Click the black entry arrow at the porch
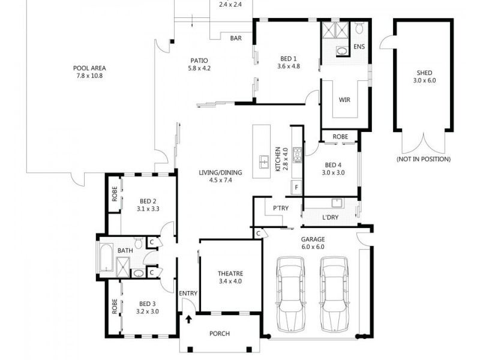(x=189, y=319)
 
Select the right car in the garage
(x=334, y=294)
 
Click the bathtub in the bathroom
(x=106, y=257)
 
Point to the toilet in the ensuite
(x=359, y=28)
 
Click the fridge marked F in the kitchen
(x=296, y=187)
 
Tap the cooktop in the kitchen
(x=297, y=155)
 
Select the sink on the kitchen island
(x=264, y=162)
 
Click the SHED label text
(x=424, y=73)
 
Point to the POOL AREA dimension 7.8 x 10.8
(x=89, y=76)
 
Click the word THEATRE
(x=230, y=274)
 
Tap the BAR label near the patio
(x=236, y=38)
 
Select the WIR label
(x=344, y=100)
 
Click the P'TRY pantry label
(x=281, y=208)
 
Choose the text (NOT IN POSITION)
(x=424, y=159)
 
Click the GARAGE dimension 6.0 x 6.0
(x=313, y=247)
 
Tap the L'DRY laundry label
(x=331, y=217)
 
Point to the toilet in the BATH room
(x=139, y=243)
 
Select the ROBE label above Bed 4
(x=340, y=137)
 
